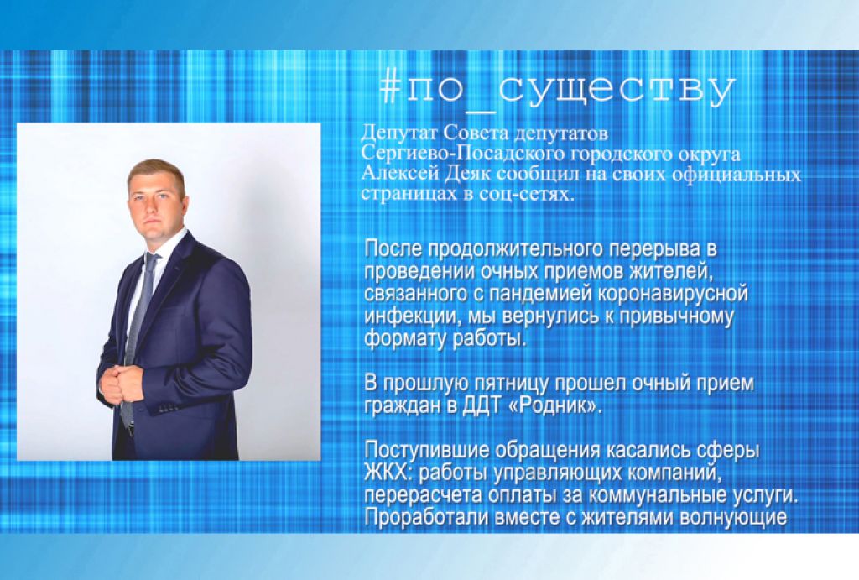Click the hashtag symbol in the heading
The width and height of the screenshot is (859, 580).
[x=389, y=88]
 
